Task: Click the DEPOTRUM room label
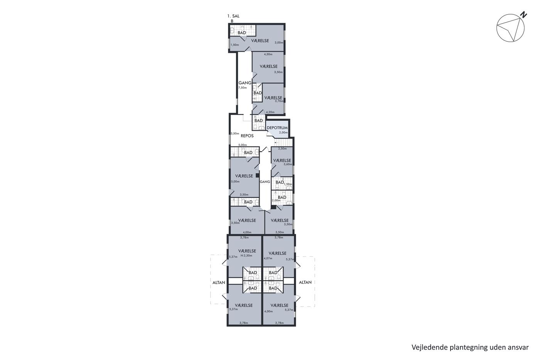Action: [x=277, y=128]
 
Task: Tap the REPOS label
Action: [x=247, y=136]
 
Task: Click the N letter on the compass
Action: [x=523, y=15]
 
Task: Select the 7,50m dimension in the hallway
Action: [x=243, y=88]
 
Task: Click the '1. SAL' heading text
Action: [x=233, y=16]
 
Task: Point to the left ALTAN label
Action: [x=219, y=282]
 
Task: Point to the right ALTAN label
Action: [x=305, y=282]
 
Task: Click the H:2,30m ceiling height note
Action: [x=246, y=255]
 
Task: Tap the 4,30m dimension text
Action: [x=268, y=54]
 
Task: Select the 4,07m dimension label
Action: [x=268, y=258]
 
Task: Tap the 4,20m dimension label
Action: [x=270, y=112]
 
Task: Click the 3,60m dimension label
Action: [x=288, y=164]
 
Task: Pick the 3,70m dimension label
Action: [x=279, y=101]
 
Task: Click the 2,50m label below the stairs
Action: [x=282, y=149]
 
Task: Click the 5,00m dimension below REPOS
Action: [x=243, y=145]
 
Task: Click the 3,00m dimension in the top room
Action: [x=279, y=43]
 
